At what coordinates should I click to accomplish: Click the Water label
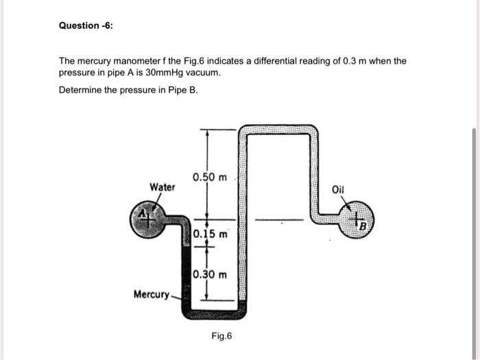[163, 187]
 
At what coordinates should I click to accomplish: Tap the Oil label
[339, 189]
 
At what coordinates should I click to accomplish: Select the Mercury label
[151, 294]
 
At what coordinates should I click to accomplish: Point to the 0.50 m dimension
[210, 178]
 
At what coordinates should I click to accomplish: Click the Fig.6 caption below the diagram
[222, 336]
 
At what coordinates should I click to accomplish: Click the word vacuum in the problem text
[202, 72]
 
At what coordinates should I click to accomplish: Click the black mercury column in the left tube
[187, 274]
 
